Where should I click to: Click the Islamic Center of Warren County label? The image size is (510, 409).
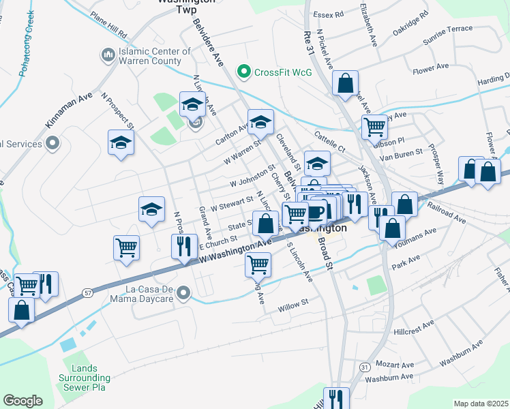pos(155,56)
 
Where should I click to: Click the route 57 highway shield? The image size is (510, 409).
pos(87,292)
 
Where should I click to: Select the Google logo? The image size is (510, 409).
pos(22,400)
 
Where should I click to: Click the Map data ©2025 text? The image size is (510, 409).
pos(480,404)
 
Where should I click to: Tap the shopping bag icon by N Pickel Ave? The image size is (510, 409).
pos(346,84)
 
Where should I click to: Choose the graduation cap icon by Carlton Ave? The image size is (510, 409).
pos(260,122)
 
